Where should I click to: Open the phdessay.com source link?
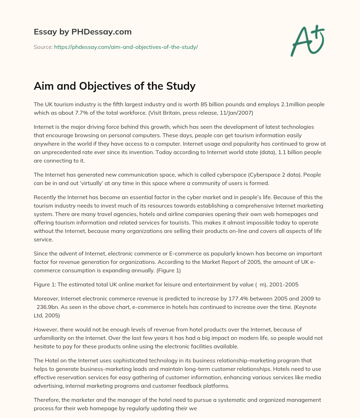tap(126, 47)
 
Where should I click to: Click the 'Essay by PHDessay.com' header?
tap(83, 32)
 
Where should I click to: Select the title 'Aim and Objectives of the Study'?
tap(115, 86)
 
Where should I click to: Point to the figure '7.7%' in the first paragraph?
tap(90, 113)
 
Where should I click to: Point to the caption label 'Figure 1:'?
tap(45, 284)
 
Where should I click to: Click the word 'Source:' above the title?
tap(43, 47)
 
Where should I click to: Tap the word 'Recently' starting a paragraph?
tap(45, 197)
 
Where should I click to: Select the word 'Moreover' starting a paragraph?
tap(46, 298)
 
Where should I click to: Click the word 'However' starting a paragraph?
tap(46, 329)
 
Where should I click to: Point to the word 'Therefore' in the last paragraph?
tap(47, 400)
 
